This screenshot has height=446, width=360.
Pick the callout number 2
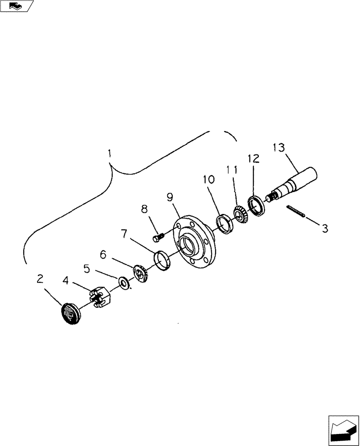40,280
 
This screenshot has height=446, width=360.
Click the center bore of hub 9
187,246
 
